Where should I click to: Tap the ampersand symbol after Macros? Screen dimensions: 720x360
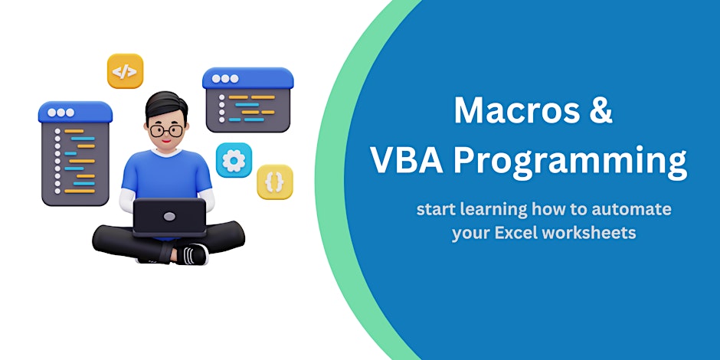(x=601, y=111)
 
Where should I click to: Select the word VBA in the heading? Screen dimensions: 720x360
(x=407, y=160)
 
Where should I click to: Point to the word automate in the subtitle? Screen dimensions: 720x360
(x=631, y=209)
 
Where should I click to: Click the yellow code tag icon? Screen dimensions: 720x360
(x=125, y=71)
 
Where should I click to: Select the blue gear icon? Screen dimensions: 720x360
(x=234, y=160)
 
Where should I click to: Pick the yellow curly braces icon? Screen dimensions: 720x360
(x=274, y=182)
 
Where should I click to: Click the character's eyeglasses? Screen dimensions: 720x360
(x=165, y=130)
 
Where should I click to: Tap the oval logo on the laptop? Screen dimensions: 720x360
(x=169, y=216)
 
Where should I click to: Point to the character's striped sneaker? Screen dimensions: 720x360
(x=191, y=254)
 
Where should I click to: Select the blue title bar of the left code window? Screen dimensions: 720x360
(x=75, y=113)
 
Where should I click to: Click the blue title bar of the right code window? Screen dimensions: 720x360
(x=248, y=78)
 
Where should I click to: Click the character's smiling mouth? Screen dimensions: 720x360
(x=167, y=141)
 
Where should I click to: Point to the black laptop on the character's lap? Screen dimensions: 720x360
(x=169, y=218)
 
